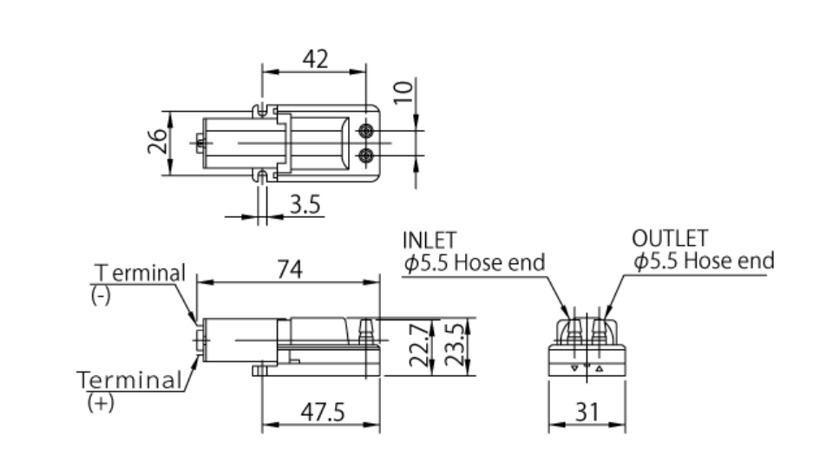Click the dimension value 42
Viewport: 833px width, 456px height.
pyautogui.click(x=315, y=59)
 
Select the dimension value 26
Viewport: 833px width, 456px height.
pyautogui.click(x=157, y=142)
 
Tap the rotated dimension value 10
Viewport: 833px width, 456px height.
pyautogui.click(x=403, y=92)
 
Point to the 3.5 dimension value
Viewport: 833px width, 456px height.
pyautogui.click(x=305, y=205)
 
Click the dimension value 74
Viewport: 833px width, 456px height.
pyautogui.click(x=290, y=269)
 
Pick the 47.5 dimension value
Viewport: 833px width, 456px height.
pyautogui.click(x=323, y=412)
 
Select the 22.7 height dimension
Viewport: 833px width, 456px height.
pyautogui.click(x=419, y=346)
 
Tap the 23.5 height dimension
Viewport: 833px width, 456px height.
pyautogui.click(x=455, y=346)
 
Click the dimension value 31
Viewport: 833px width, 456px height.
pyautogui.click(x=587, y=412)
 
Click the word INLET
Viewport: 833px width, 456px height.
pyautogui.click(x=430, y=241)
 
